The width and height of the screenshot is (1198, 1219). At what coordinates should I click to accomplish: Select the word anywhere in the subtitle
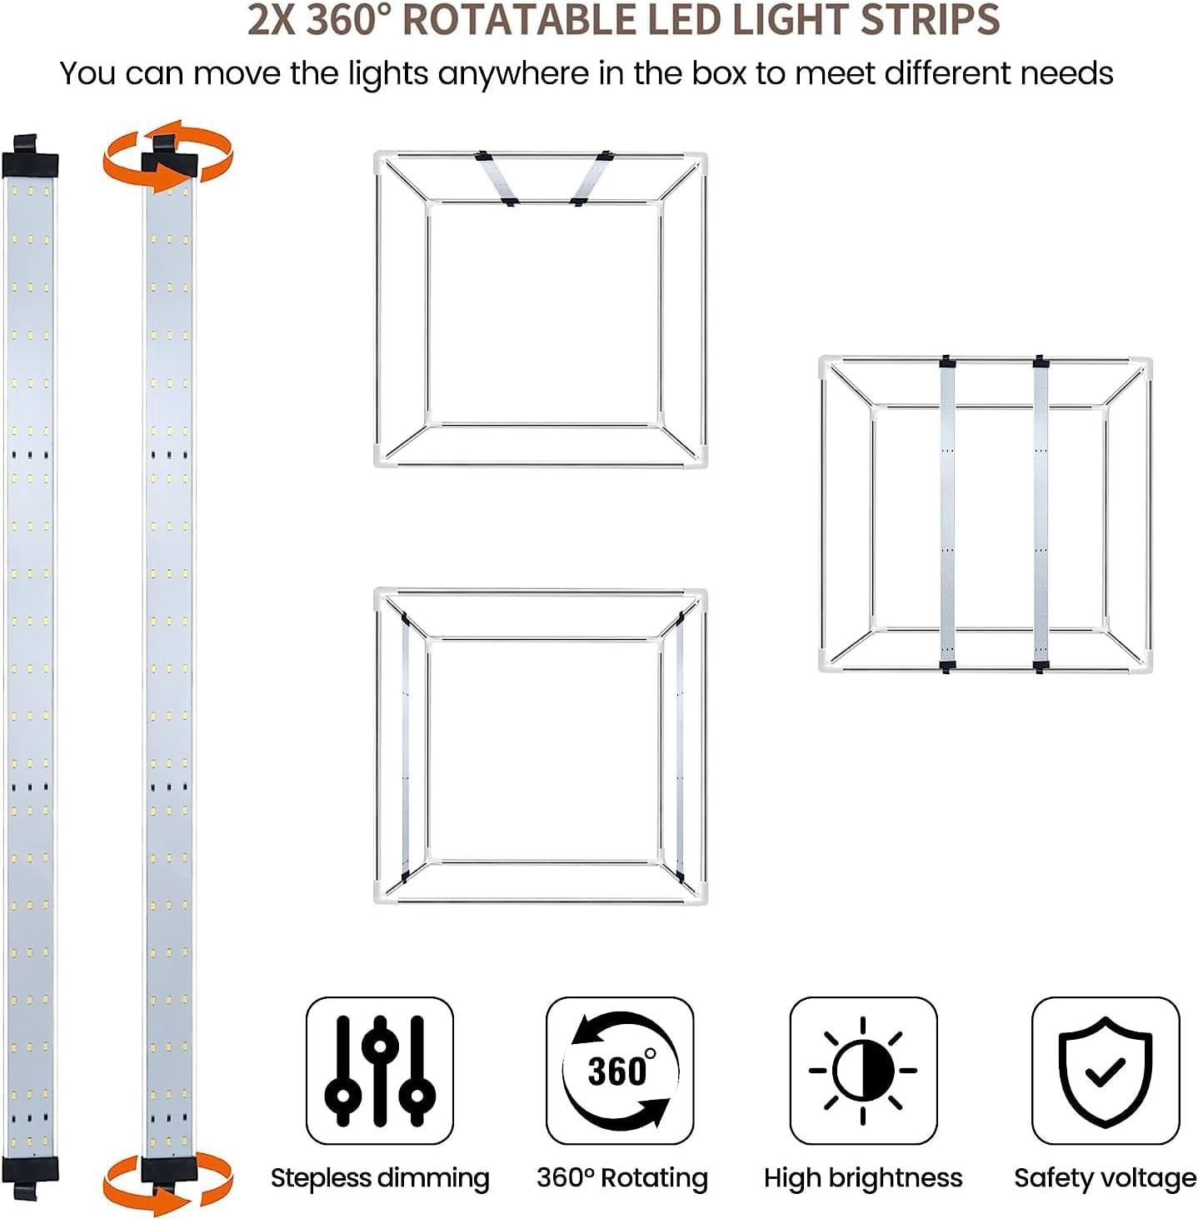point(514,75)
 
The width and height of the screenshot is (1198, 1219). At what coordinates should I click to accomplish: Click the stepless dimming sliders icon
point(380,1071)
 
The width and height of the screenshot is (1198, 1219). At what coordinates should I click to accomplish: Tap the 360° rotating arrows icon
point(619,1071)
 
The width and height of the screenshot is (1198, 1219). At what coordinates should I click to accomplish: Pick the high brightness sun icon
point(863,1071)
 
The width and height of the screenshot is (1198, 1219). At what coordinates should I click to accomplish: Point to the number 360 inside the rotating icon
point(617,1069)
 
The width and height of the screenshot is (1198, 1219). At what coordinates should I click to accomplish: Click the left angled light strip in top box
point(497,178)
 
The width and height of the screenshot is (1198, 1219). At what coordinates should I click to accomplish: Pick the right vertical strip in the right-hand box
point(1041,513)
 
